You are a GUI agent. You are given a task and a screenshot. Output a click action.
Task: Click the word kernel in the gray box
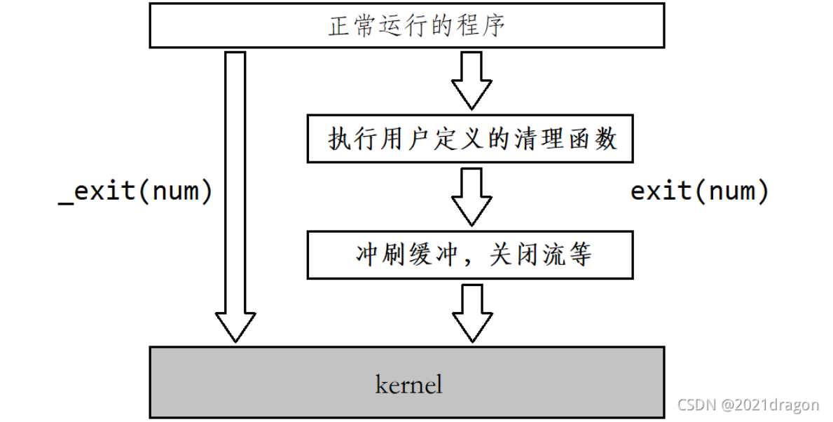[408, 384]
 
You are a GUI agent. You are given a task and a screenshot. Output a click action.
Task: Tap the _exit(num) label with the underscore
[135, 191]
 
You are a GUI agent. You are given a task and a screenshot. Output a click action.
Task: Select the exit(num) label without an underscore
[699, 191]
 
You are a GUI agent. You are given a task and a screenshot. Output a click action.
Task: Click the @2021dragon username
[770, 405]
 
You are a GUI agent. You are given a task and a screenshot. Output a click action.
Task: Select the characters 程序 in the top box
[488, 26]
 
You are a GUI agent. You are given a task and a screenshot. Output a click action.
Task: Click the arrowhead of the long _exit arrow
[235, 326]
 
